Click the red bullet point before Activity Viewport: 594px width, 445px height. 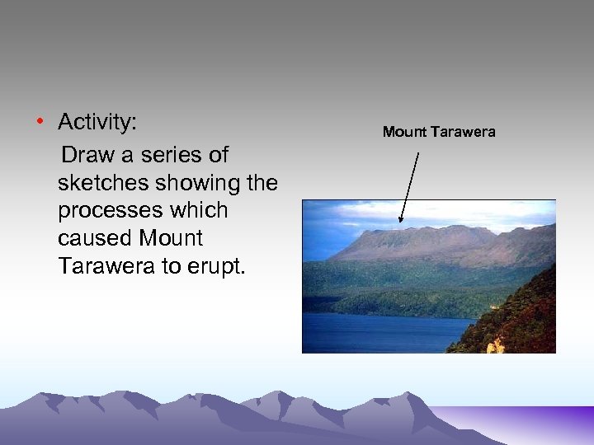point(39,124)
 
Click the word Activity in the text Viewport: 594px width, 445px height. point(97,124)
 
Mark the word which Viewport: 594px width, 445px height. point(200,210)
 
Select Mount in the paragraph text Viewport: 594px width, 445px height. point(171,238)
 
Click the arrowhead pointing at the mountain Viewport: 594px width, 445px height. point(401,218)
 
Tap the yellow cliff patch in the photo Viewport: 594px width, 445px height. point(496,345)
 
